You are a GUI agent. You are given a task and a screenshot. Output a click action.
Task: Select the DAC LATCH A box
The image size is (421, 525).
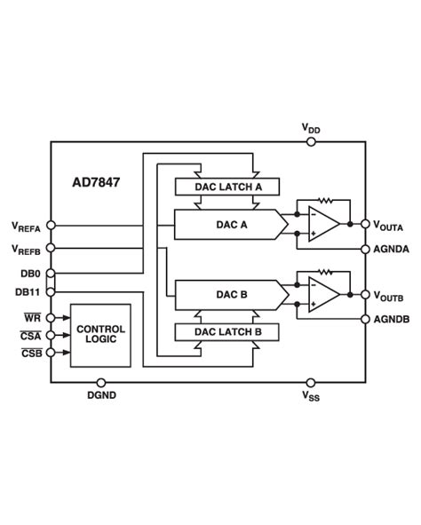point(226,187)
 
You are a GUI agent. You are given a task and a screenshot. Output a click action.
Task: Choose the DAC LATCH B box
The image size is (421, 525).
point(226,332)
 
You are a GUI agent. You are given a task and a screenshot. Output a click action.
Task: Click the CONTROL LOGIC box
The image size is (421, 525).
point(100,335)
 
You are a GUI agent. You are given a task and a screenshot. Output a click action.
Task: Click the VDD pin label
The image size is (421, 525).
point(311,129)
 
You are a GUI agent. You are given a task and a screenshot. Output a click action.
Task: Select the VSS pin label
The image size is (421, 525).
point(311,395)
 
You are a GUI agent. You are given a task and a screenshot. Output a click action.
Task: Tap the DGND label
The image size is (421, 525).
point(101,394)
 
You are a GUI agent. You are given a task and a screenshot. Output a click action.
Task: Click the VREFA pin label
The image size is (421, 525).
point(27,226)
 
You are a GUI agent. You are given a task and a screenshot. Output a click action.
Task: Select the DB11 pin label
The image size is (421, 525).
point(27,291)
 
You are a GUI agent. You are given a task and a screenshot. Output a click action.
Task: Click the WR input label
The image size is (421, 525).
point(30,316)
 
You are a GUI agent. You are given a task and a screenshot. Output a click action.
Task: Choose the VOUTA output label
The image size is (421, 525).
point(388,226)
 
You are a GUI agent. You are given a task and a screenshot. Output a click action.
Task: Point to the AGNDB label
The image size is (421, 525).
point(391,319)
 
